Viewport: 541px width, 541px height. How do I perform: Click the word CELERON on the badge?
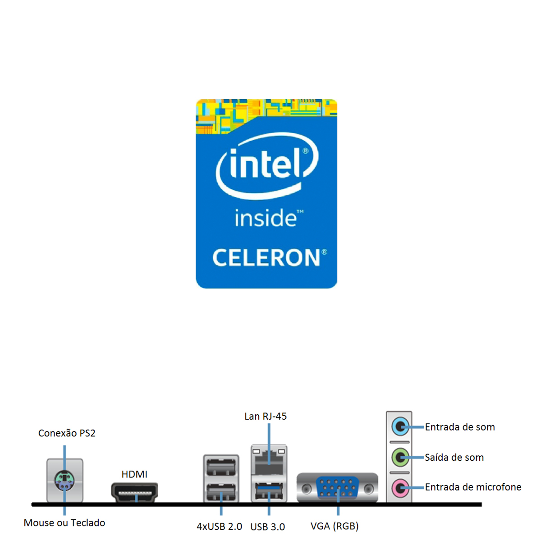(266, 258)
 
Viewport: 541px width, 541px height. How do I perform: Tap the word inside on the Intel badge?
(266, 219)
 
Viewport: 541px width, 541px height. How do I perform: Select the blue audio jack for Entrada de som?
(399, 426)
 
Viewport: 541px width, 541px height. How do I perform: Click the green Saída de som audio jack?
(399, 457)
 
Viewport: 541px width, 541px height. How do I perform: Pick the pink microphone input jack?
(399, 487)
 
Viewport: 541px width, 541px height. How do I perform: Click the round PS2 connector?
(64, 481)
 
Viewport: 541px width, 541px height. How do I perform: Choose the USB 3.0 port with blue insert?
(269, 491)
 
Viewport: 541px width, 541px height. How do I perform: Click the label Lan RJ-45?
(266, 416)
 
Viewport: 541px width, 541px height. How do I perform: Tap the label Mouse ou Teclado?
(64, 523)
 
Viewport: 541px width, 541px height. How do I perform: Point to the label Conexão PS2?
(67, 433)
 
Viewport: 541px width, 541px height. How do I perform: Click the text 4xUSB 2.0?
(220, 526)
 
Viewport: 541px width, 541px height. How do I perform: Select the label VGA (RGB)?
(335, 526)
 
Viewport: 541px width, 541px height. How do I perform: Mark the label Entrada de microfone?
(473, 487)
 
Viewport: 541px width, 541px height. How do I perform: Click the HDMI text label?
(134, 474)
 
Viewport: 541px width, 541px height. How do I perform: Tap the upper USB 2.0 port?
(221, 466)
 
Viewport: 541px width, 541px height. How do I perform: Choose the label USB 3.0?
(267, 527)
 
